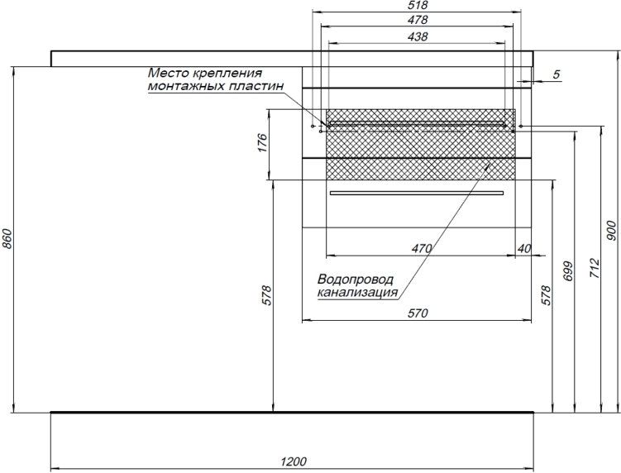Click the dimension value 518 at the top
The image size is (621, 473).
click(418, 5)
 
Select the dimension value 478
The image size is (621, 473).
click(418, 19)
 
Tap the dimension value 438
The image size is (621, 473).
click(418, 36)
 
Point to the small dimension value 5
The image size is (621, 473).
click(557, 74)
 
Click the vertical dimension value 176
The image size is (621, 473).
click(262, 143)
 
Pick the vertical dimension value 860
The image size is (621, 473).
click(7, 239)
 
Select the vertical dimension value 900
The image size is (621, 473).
click(612, 231)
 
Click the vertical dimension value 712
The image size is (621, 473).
click(595, 268)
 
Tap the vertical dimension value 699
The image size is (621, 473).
click(568, 271)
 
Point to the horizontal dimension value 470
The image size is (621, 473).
click(422, 249)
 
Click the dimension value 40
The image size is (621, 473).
click(524, 249)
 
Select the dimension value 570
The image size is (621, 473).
click(418, 313)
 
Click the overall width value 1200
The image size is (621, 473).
click(294, 461)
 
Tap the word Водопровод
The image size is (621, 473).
click(356, 279)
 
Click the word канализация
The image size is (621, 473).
click(357, 293)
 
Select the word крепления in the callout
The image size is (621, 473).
click(227, 73)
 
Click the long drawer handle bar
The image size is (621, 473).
click(417, 193)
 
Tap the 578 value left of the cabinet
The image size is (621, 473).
click(267, 295)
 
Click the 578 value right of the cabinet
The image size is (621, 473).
click(546, 295)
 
